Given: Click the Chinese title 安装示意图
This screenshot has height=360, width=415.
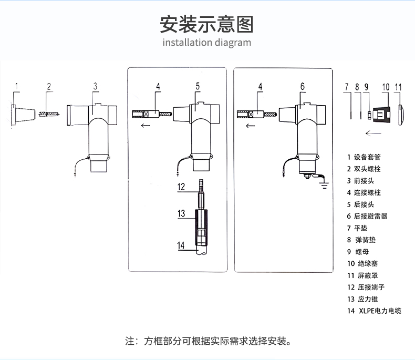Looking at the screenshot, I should pyautogui.click(x=207, y=24).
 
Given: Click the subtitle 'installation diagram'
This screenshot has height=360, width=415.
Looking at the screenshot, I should pyautogui.click(x=207, y=43).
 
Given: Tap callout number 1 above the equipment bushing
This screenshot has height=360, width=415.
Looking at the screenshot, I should pyautogui.click(x=17, y=86).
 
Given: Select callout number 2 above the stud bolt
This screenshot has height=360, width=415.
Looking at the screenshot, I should pyautogui.click(x=49, y=86).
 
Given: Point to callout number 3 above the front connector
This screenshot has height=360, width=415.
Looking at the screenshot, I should pyautogui.click(x=95, y=86).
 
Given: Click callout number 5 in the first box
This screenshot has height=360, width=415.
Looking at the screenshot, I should pyautogui.click(x=198, y=86).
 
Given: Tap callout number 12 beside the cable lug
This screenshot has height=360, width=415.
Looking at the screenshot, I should pyautogui.click(x=181, y=187).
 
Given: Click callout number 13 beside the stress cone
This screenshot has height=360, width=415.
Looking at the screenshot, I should pyautogui.click(x=181, y=213).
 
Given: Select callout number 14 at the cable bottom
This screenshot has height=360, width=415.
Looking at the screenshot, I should pyautogui.click(x=181, y=245).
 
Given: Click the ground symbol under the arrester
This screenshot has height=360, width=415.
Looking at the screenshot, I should pyautogui.click(x=323, y=184).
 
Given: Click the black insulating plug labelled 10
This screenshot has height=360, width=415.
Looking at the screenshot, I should pyautogui.click(x=385, y=114).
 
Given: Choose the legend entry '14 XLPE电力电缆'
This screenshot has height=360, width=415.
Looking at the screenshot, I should pyautogui.click(x=374, y=311).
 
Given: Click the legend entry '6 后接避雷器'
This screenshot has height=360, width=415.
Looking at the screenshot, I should pyautogui.click(x=367, y=216).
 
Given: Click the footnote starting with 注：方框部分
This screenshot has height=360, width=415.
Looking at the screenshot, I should pyautogui.click(x=207, y=341).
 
